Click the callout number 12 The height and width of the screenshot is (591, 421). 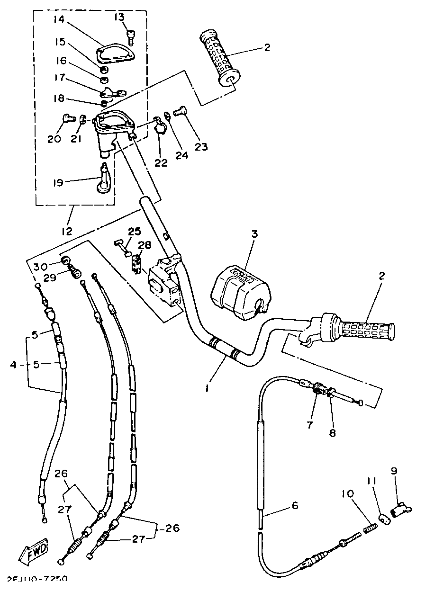click(67, 231)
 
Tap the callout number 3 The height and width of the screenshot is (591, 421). click(254, 234)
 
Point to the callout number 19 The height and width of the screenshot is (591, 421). click(58, 183)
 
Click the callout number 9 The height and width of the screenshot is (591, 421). click(394, 471)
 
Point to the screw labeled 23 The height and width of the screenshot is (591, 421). click(180, 112)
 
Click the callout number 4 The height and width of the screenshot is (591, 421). click(13, 365)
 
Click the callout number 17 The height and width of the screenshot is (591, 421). click(60, 77)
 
